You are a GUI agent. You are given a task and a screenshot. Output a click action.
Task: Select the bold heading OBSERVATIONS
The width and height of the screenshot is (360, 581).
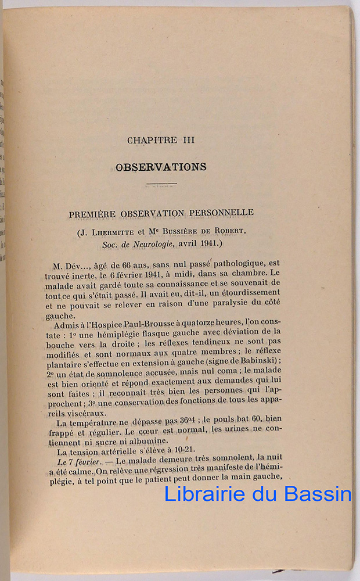click(161, 167)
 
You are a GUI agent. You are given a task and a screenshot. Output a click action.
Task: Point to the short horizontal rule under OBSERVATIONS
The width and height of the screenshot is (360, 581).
click(161, 185)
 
